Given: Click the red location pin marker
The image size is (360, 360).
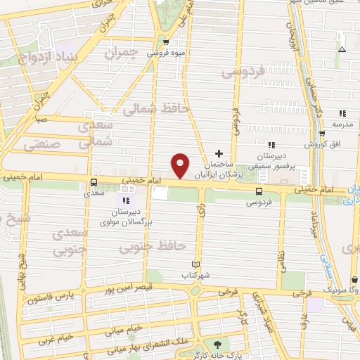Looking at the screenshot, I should click(x=181, y=165).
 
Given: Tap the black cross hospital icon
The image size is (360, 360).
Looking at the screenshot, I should click(x=219, y=153).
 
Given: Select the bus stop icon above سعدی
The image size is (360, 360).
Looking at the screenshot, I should click(x=94, y=182).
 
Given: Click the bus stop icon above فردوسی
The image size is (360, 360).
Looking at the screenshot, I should click(x=259, y=191).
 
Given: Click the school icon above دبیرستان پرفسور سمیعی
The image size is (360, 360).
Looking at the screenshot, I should click(x=271, y=146).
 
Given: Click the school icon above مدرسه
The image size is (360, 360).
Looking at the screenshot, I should click(x=342, y=113).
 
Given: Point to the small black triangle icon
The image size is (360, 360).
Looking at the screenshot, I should click(x=342, y=50).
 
